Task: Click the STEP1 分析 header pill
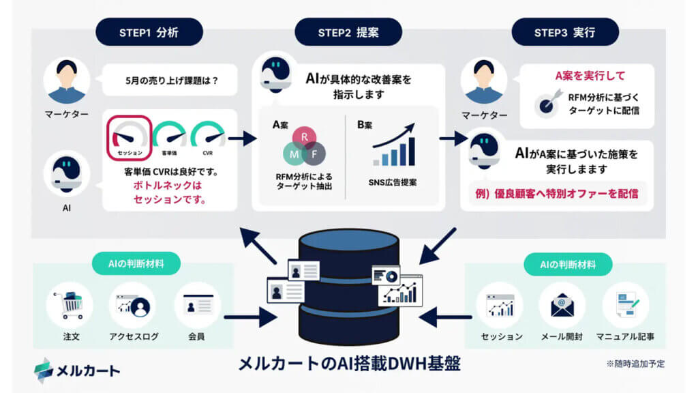click(149, 32)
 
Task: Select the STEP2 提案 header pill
click(348, 32)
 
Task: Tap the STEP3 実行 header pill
click(565, 32)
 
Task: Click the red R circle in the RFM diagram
click(303, 137)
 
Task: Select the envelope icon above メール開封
click(562, 304)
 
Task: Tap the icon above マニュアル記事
click(625, 304)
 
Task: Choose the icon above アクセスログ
click(132, 304)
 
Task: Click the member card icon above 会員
click(196, 304)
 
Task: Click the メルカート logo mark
click(44, 368)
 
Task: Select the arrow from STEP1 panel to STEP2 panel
click(241, 139)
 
